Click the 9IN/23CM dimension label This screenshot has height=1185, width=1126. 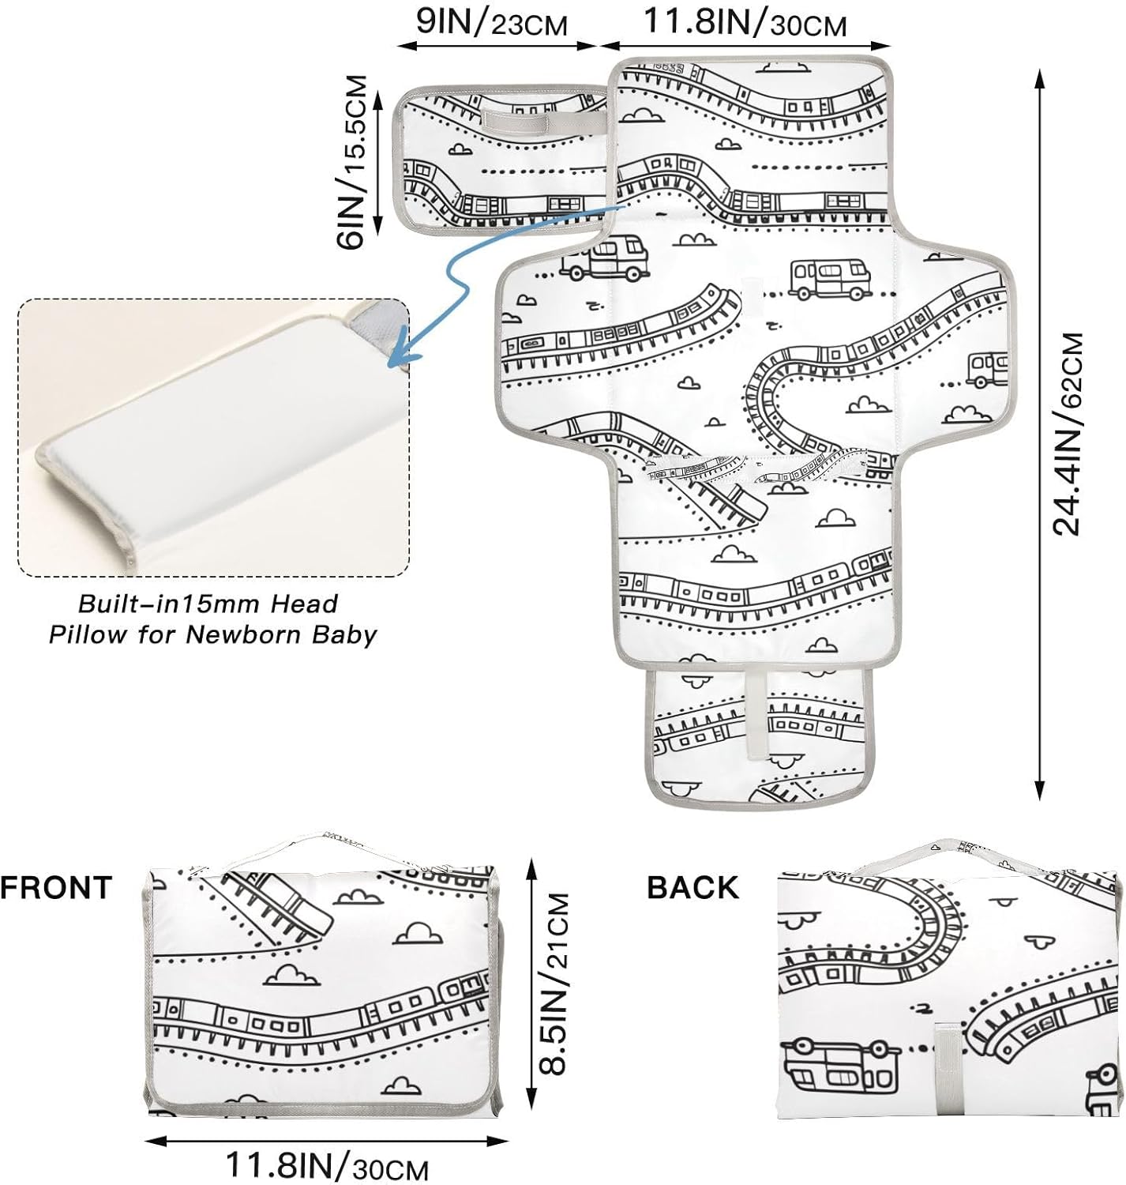click(492, 22)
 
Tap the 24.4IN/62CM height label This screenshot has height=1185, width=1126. click(1068, 434)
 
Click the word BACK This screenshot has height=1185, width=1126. click(692, 887)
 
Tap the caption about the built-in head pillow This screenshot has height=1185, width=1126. click(212, 619)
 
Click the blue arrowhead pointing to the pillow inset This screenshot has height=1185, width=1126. click(402, 354)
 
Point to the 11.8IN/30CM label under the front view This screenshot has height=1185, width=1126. click(327, 1166)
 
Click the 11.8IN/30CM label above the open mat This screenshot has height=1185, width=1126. click(745, 22)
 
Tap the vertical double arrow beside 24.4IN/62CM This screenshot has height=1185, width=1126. click(1040, 434)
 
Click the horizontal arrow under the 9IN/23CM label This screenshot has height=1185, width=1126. click(497, 46)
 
